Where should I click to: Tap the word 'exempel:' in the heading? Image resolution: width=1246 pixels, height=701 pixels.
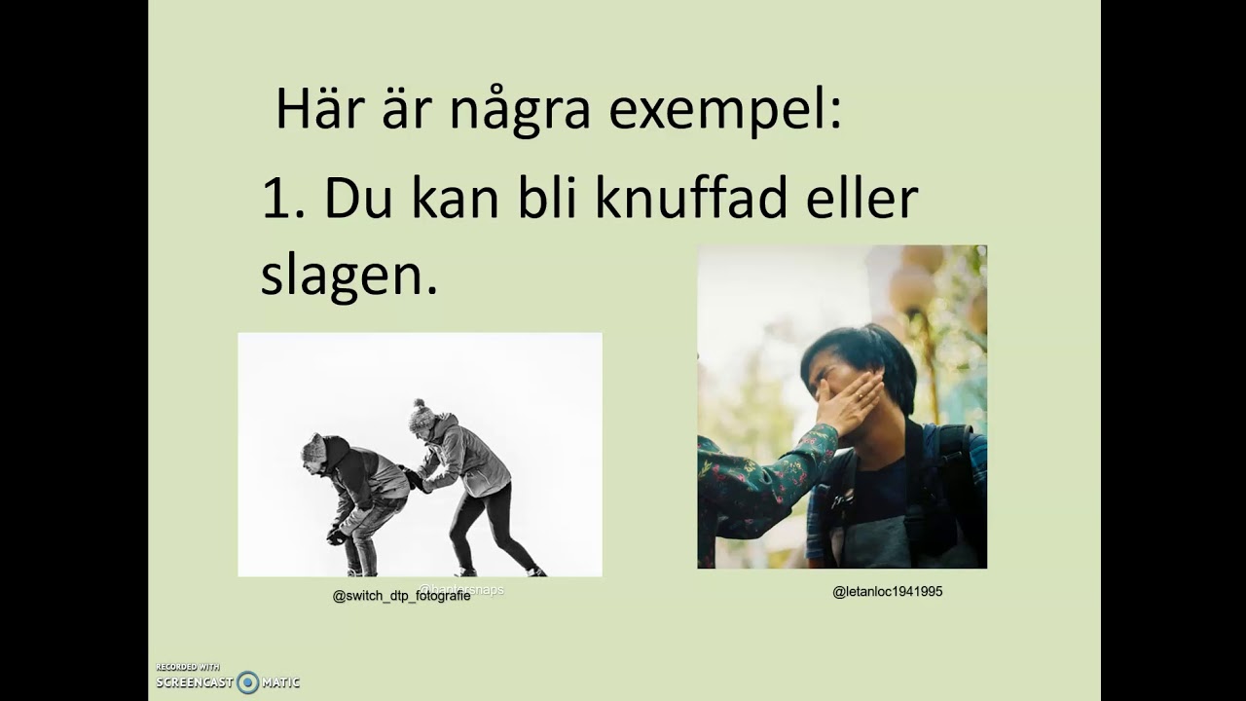click(724, 111)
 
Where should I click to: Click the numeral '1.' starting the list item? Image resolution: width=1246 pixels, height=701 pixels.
click(283, 199)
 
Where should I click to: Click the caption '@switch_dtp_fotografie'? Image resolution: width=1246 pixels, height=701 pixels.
click(401, 596)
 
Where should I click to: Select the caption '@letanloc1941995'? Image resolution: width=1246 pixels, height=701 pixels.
click(887, 591)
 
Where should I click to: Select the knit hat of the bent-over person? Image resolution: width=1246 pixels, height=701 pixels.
click(313, 448)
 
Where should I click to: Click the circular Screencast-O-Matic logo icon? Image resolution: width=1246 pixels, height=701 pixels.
click(248, 683)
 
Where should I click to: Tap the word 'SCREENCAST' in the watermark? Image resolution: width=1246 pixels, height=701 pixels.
click(195, 683)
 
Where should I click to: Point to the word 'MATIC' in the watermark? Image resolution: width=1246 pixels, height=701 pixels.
click(281, 683)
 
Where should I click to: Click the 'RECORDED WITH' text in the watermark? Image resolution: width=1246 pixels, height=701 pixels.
click(188, 667)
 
